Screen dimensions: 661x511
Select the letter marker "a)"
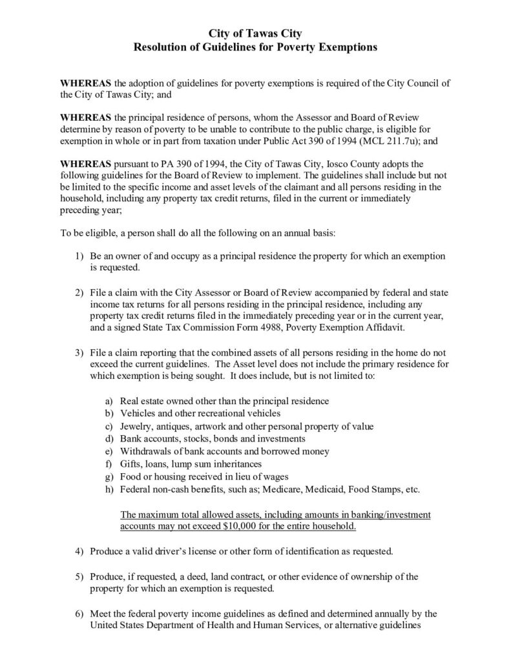pos(109,402)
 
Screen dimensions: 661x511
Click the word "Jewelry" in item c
pos(136,427)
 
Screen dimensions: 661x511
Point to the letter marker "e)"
pos(109,451)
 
